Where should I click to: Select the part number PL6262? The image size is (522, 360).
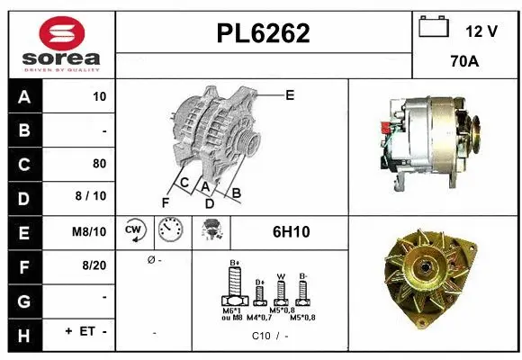coord(263,33)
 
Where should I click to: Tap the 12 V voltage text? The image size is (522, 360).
coord(481,31)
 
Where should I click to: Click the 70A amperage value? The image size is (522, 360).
coord(463,63)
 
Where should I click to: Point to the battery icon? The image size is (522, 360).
coord(434,29)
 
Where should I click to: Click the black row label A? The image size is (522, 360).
coord(23,96)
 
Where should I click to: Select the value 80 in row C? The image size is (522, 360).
coord(99,164)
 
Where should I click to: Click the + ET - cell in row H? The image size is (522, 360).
coord(86,332)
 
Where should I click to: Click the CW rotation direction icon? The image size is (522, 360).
coord(135,231)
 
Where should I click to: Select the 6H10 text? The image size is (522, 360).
coord(291,232)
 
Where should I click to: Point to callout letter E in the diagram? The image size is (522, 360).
coord(290,94)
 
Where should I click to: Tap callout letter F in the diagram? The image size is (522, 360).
coord(165,202)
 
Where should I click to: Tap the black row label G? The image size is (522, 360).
coord(23,299)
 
